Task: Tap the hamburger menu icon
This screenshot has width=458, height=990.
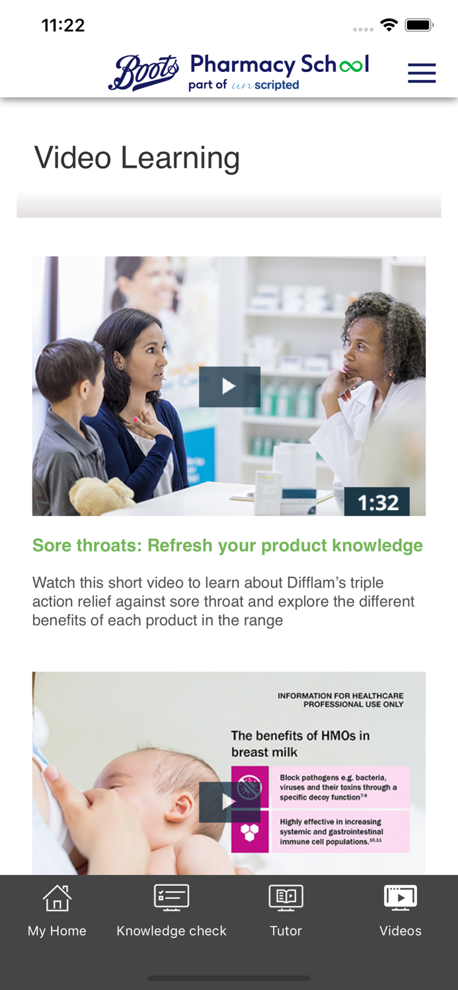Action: click(x=422, y=73)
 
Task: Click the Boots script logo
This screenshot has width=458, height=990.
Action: click(x=144, y=73)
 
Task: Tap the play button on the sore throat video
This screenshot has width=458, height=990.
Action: click(x=229, y=387)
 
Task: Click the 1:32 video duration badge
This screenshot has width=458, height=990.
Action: click(x=377, y=502)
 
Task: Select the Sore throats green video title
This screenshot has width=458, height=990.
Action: click(x=227, y=545)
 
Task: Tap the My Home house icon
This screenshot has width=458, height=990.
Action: click(x=57, y=898)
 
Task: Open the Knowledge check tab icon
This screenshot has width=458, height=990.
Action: click(x=171, y=898)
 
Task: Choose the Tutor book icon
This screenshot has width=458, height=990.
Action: click(x=286, y=898)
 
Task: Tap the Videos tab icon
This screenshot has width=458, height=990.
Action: click(x=400, y=898)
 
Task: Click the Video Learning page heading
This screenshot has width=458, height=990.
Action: click(x=137, y=158)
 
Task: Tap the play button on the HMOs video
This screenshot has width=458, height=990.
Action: click(x=229, y=802)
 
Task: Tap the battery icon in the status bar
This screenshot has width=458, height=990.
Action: click(x=420, y=25)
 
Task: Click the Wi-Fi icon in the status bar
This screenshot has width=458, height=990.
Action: click(x=389, y=25)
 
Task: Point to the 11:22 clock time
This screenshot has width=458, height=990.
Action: click(x=63, y=26)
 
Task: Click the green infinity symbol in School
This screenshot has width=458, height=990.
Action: click(x=351, y=66)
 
